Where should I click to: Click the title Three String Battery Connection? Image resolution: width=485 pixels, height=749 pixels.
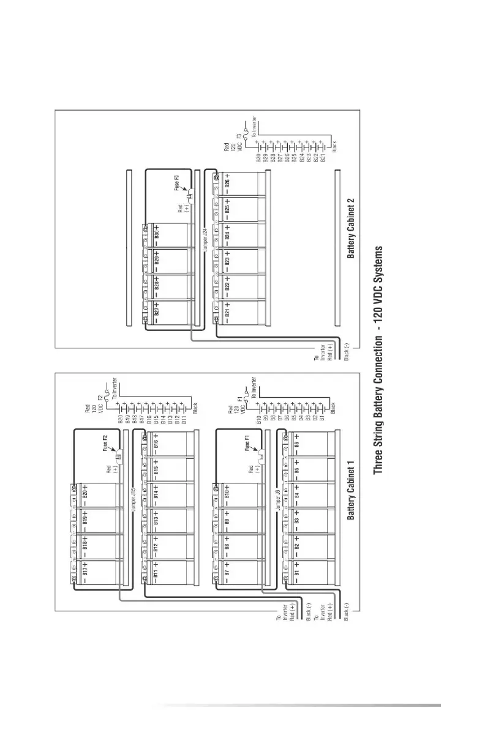coord(378,359)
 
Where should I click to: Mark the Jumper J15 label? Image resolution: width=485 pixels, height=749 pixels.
coord(133,499)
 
